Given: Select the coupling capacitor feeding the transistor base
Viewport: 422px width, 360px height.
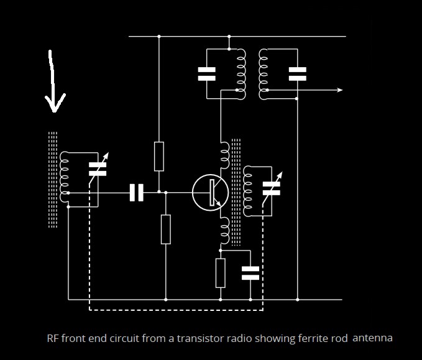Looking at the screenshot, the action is point(137,193).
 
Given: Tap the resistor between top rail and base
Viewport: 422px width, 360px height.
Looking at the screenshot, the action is point(159,157).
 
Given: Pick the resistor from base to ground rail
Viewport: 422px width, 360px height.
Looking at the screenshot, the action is point(166,229).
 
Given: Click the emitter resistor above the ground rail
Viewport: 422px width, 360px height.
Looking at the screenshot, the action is point(221,273).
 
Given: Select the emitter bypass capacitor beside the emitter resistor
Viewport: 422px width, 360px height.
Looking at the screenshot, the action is point(250,273).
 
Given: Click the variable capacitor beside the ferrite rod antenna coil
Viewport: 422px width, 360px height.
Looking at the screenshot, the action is point(98,169).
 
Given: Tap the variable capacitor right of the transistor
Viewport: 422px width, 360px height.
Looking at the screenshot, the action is point(272,188).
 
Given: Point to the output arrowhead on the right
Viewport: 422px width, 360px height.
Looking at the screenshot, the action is point(340,90).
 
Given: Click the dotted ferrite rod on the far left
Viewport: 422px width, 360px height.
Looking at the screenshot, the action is point(53,180).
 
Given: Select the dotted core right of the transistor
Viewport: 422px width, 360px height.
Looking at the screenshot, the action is point(236,192).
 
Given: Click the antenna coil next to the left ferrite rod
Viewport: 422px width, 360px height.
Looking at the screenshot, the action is point(64,177).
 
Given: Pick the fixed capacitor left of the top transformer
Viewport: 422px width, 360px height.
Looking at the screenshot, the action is point(207,74).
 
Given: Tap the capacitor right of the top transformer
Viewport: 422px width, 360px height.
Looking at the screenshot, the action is point(298,74).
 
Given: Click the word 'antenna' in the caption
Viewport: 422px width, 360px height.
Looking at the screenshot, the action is point(372,338).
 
